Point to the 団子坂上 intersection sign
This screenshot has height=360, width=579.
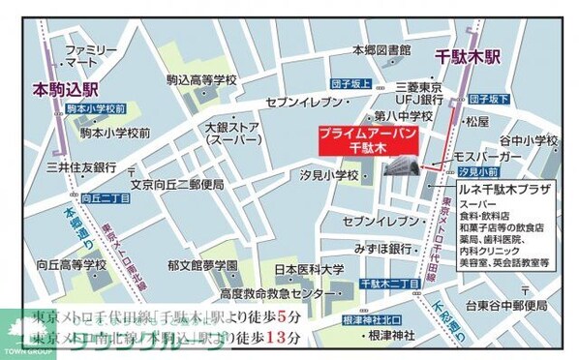tap(349, 83)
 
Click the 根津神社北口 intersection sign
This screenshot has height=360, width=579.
tap(371, 318)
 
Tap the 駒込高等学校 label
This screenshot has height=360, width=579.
tap(201, 80)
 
